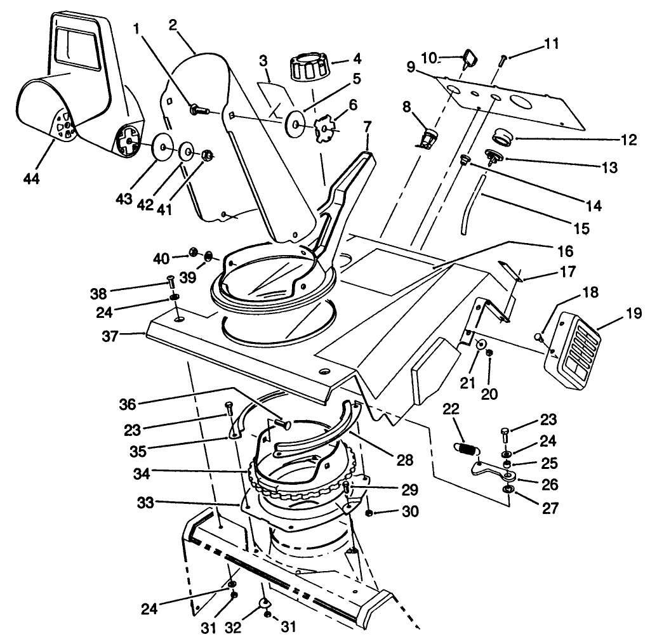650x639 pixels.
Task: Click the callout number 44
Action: tap(31, 179)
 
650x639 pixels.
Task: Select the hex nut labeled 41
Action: tap(206, 155)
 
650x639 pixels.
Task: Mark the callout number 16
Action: tap(564, 250)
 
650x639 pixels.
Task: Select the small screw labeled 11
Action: tap(502, 60)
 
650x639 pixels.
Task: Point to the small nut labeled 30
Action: tap(369, 512)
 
